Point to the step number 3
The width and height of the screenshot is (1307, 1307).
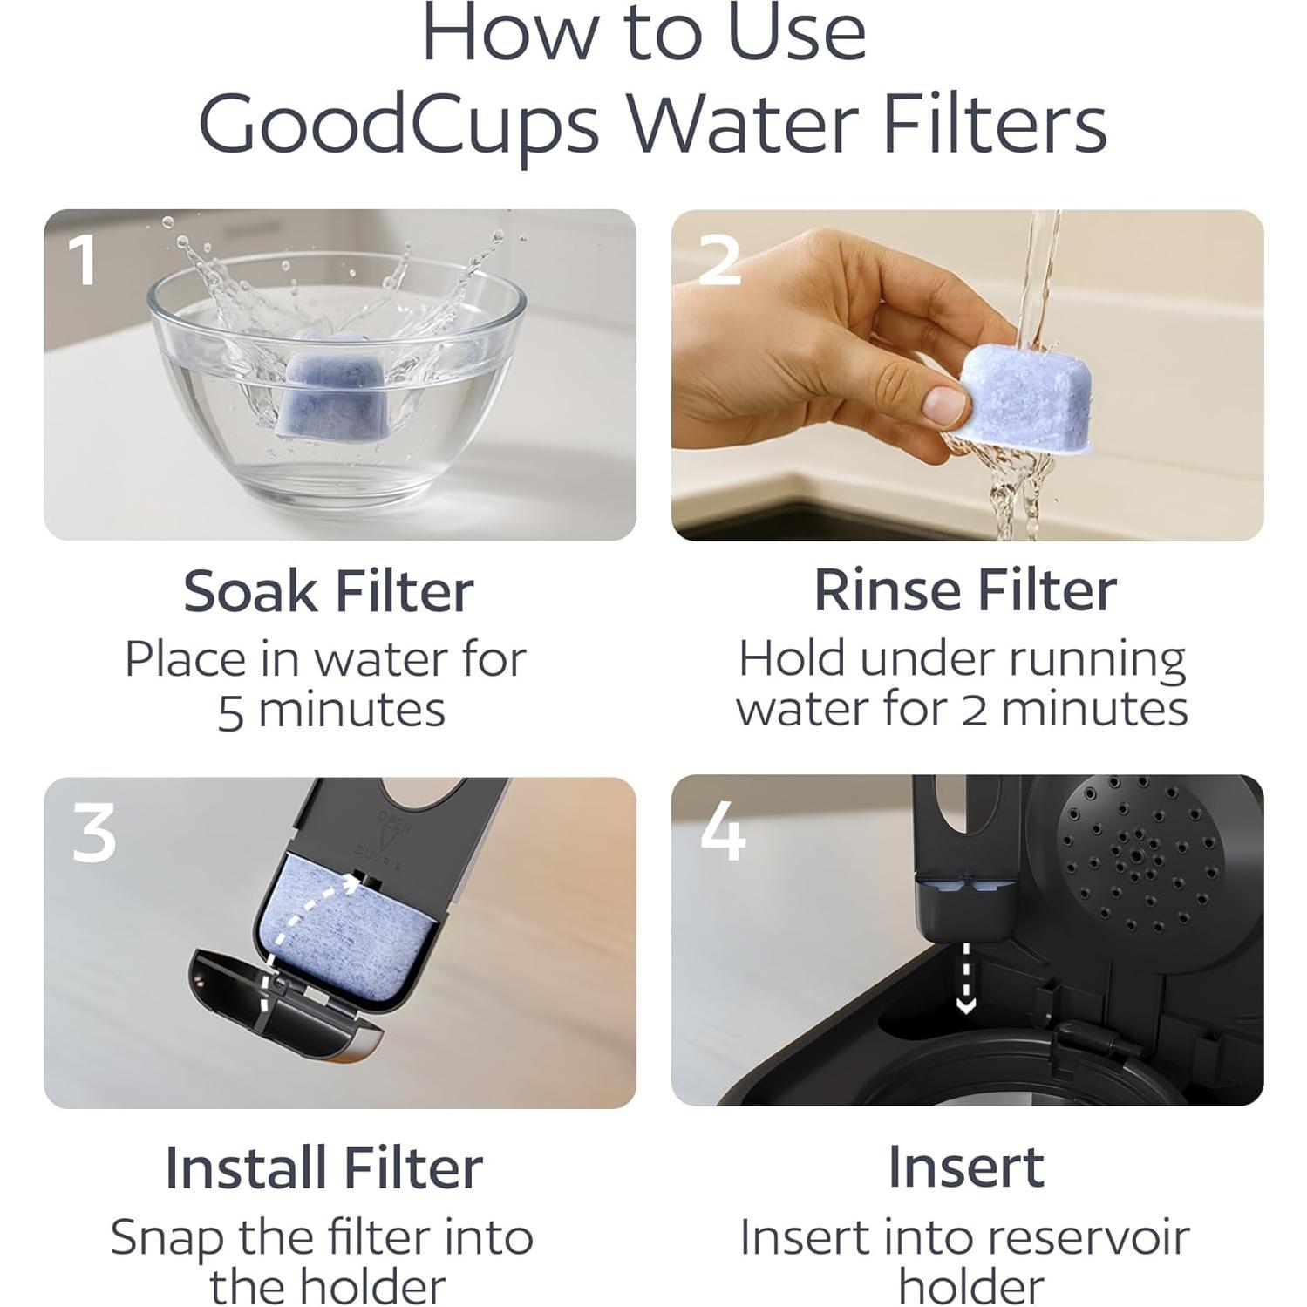93,833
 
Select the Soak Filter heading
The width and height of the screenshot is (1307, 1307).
328,592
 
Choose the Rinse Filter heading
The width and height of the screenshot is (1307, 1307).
964,591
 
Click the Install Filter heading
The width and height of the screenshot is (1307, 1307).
323,1167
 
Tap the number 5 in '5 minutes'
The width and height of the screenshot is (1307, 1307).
230,712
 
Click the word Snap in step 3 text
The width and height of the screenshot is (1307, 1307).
166,1239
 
